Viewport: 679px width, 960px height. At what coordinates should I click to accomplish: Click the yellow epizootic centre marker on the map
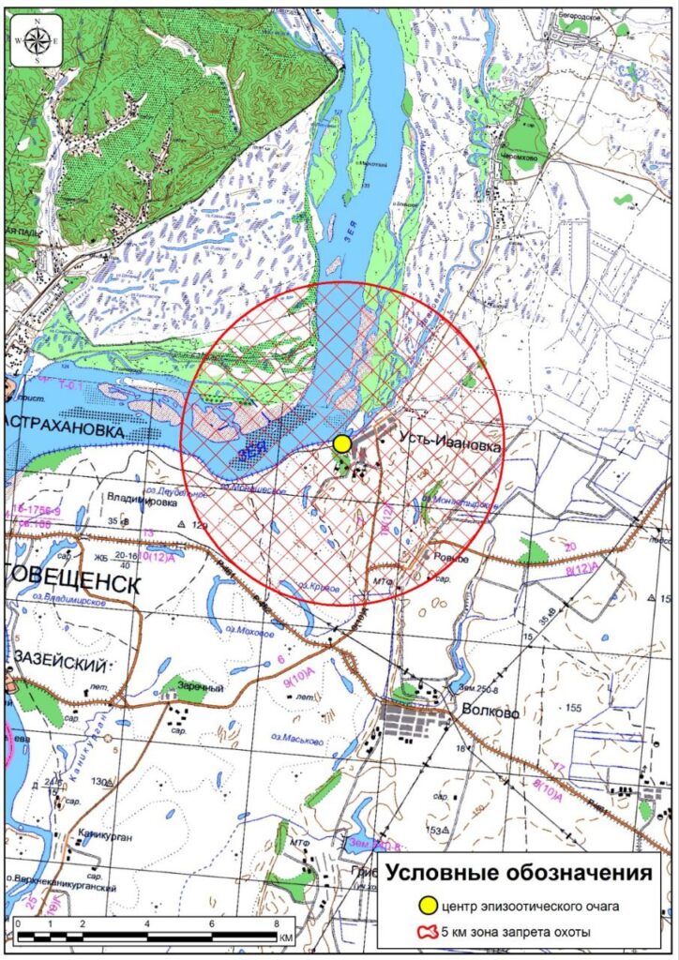[343, 442]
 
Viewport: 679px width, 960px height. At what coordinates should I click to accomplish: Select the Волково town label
[490, 712]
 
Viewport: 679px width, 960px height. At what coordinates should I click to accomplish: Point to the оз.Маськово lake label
[299, 742]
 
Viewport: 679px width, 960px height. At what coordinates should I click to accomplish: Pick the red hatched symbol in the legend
[428, 931]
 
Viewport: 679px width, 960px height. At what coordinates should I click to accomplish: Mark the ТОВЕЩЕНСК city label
[70, 584]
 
